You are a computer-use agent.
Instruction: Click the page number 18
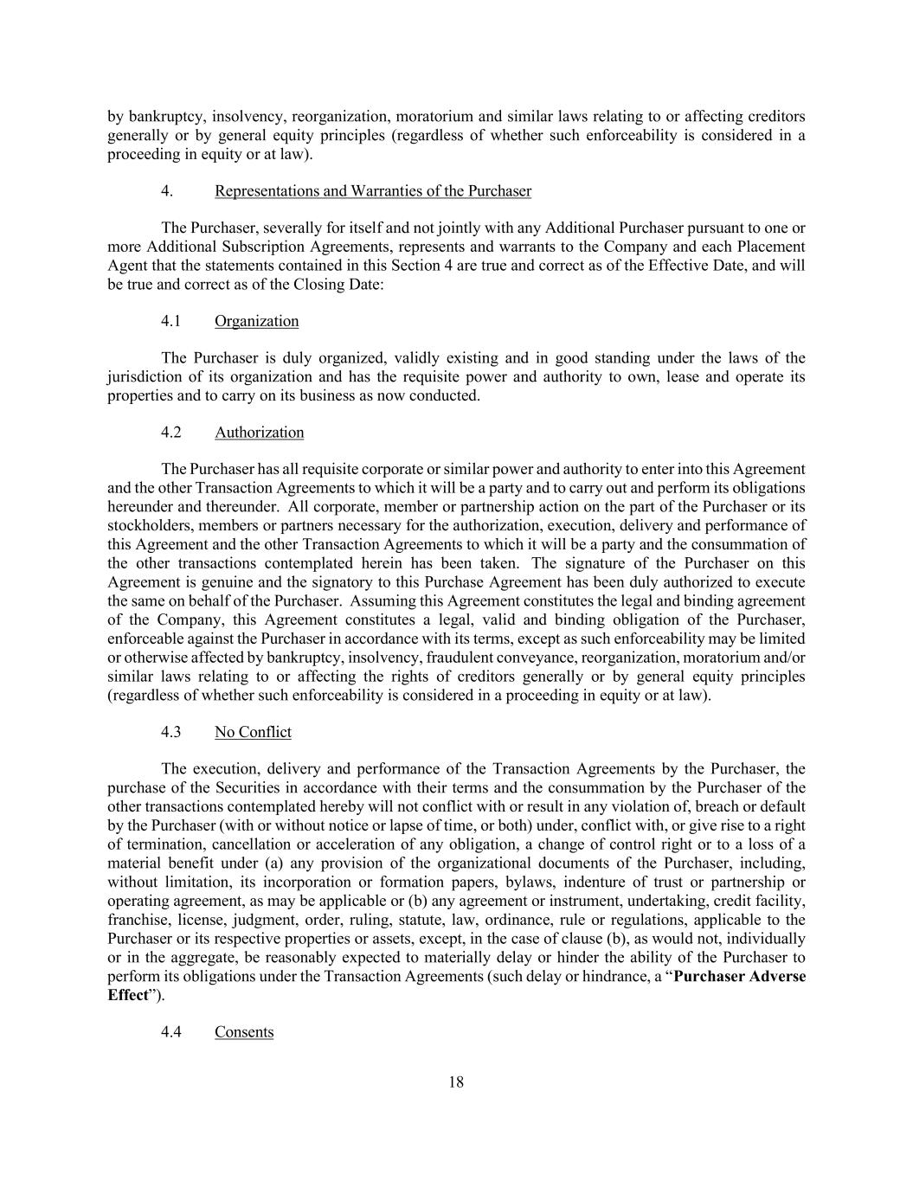(456, 1082)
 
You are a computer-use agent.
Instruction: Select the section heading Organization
(256, 321)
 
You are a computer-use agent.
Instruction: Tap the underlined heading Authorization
(259, 432)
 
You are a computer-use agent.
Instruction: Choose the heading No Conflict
(253, 732)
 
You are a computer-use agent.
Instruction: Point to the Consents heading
(244, 1032)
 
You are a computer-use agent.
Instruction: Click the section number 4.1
(170, 321)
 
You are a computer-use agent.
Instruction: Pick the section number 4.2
(170, 432)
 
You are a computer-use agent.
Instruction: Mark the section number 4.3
(170, 732)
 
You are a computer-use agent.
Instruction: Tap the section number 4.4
(170, 1032)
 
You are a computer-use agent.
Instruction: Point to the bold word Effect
(127, 995)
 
